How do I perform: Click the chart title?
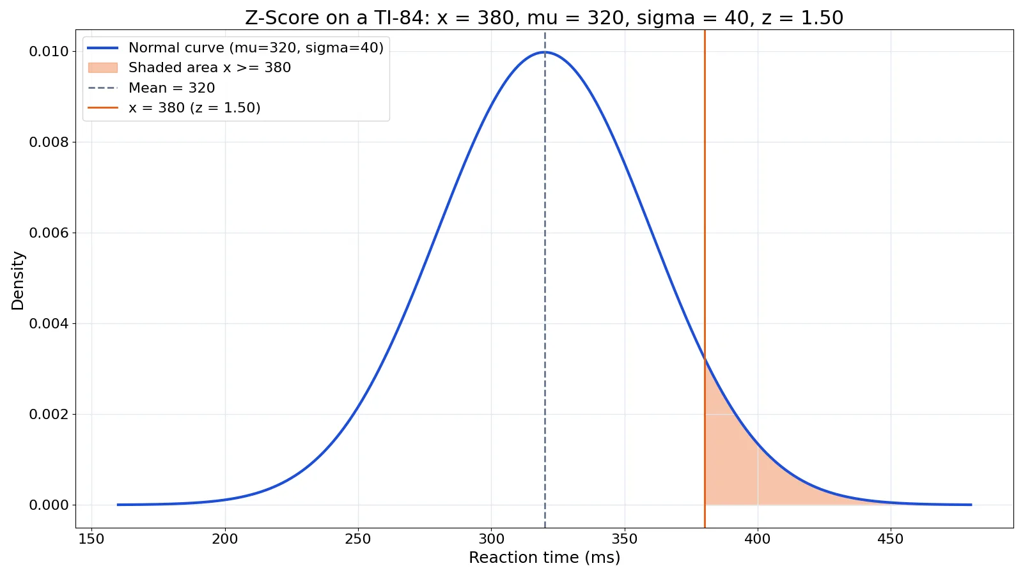(x=544, y=18)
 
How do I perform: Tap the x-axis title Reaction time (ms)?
(x=544, y=558)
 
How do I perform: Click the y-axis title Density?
(x=17, y=280)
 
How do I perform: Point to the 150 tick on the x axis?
(x=92, y=539)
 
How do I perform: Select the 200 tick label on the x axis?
(x=224, y=539)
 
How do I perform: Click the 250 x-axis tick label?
(x=358, y=539)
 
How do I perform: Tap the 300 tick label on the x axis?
(x=492, y=539)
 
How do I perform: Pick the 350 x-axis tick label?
(x=624, y=539)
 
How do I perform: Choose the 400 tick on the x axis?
(x=758, y=539)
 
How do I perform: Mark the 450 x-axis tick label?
(x=891, y=539)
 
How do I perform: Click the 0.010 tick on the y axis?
(x=49, y=52)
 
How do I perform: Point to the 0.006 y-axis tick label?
(x=49, y=233)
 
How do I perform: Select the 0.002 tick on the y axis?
(x=49, y=415)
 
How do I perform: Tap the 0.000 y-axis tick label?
(x=49, y=505)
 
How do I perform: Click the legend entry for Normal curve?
(x=235, y=47)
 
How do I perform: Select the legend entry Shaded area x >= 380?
(x=189, y=68)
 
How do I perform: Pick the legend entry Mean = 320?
(x=151, y=88)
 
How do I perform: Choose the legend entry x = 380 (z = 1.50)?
(x=173, y=108)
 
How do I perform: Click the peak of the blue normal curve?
(x=544, y=52)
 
